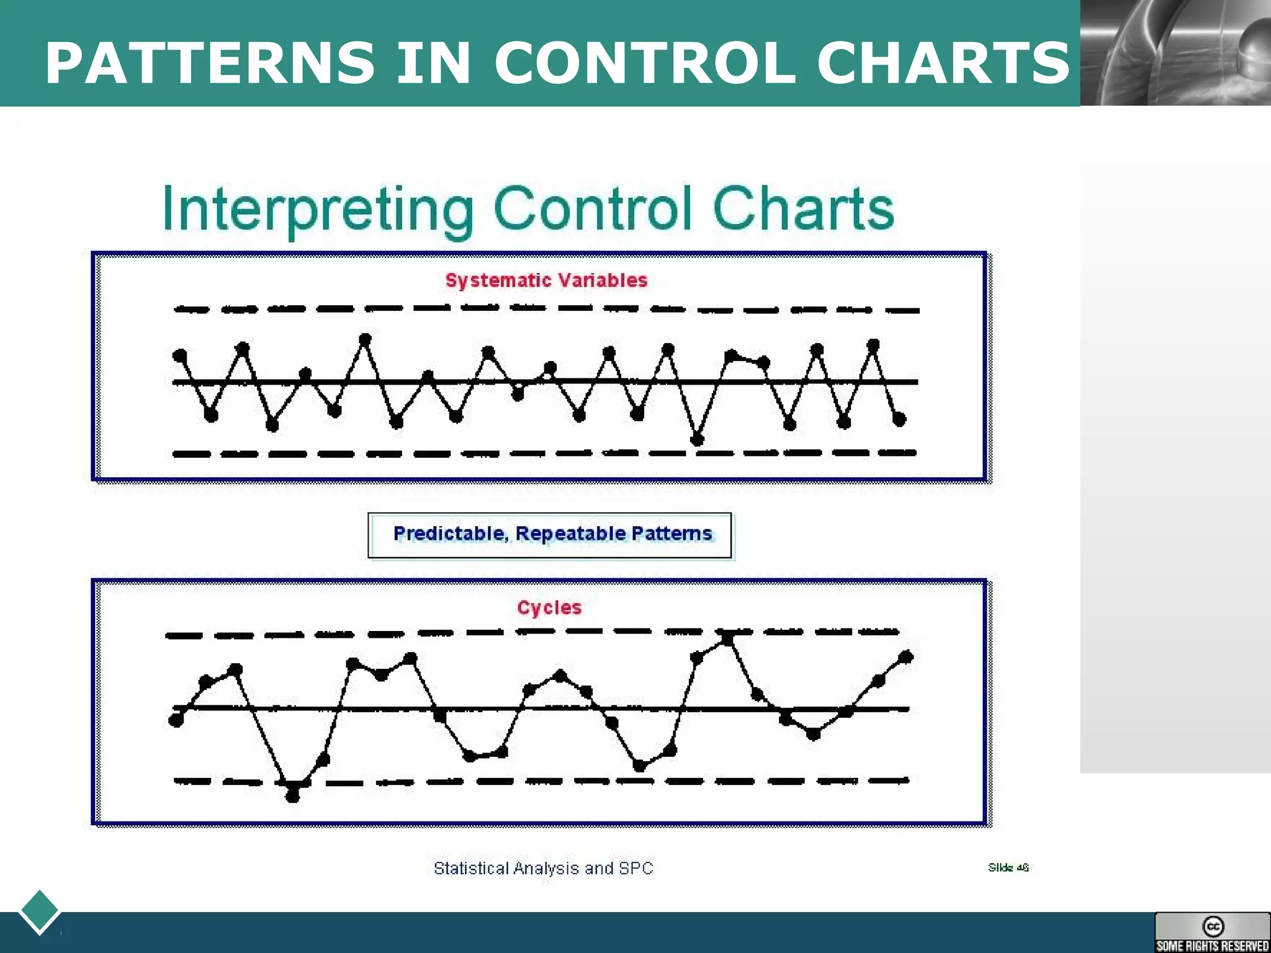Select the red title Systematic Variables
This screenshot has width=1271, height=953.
[x=546, y=280]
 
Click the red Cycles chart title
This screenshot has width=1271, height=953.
[x=549, y=607]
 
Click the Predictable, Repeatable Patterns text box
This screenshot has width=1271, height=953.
[x=550, y=535]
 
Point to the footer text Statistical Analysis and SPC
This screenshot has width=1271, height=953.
[x=543, y=868]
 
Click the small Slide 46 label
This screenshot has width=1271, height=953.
[x=1008, y=867]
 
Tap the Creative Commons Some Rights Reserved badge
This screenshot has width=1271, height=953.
[x=1212, y=932]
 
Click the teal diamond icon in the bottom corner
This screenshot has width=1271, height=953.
[x=39, y=911]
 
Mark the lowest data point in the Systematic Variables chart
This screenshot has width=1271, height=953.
[x=697, y=439]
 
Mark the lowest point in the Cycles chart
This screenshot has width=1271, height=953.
[x=292, y=796]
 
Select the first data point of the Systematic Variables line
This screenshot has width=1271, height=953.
[x=180, y=356]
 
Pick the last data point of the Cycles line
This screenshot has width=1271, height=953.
[x=905, y=656]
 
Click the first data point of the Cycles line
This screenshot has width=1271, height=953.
[x=176, y=720]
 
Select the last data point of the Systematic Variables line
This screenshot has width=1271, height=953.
[x=899, y=419]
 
